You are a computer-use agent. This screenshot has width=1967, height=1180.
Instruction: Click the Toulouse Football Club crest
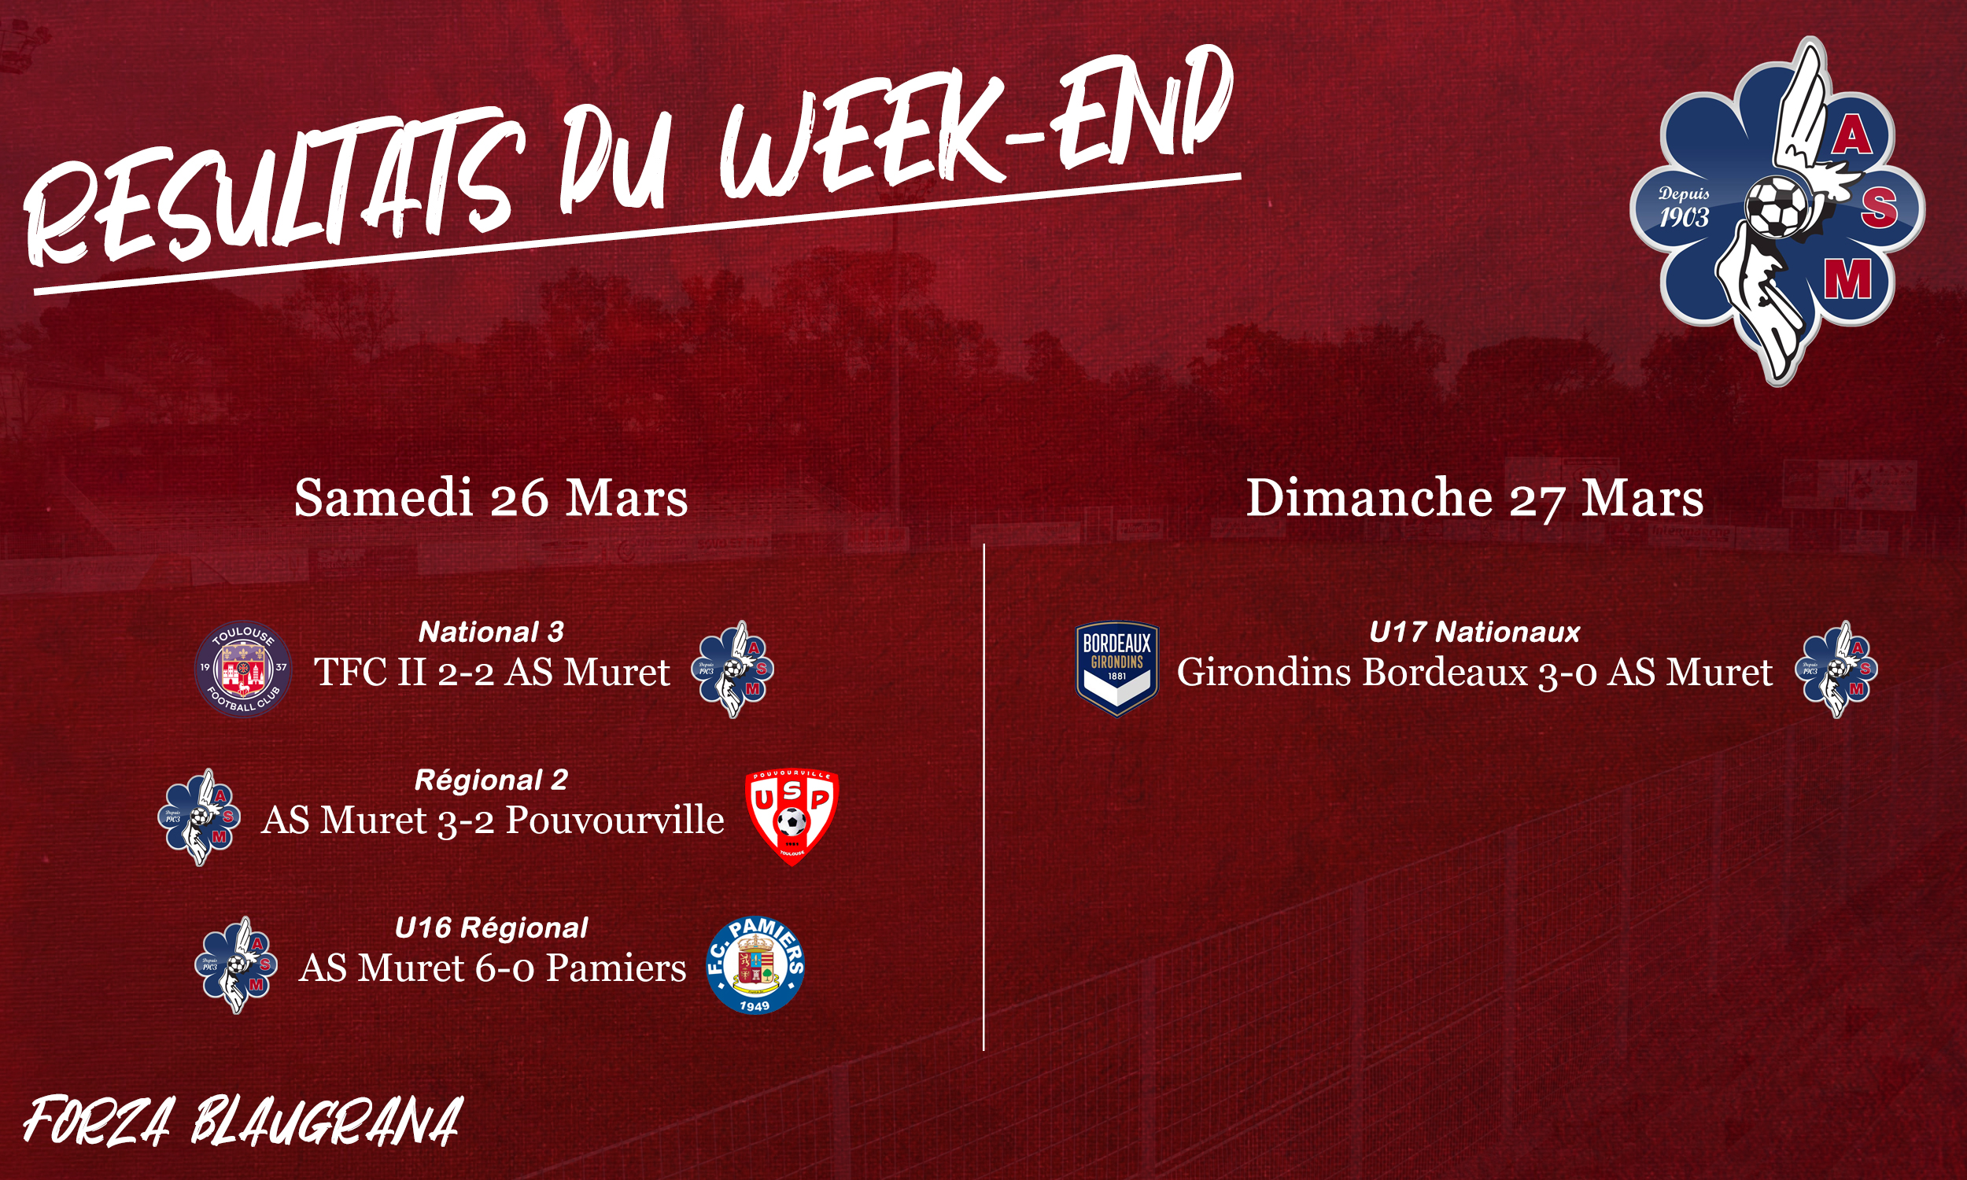coord(243,669)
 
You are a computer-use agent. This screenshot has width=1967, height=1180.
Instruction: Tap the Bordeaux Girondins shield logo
coord(1117,669)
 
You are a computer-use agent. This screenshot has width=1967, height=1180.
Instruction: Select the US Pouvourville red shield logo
coord(792,817)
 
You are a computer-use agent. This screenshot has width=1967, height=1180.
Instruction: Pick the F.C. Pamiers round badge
coord(755,965)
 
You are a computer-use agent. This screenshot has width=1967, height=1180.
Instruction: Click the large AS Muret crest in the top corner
coord(1777,211)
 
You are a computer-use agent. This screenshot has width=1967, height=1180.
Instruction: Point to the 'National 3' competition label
coord(490,632)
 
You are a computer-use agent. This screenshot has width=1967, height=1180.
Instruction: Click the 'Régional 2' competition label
coord(490,780)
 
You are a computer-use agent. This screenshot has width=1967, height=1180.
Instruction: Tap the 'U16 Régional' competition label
coord(490,928)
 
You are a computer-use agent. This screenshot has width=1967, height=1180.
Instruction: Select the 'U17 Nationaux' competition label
coord(1474,632)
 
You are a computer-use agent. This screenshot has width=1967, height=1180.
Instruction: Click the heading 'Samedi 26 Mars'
coord(490,499)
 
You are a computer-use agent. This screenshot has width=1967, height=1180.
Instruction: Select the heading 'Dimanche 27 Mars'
coord(1474,499)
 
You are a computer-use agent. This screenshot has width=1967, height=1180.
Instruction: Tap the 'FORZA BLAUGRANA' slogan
coord(242,1121)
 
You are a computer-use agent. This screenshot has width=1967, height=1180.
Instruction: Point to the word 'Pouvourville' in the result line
coord(614,820)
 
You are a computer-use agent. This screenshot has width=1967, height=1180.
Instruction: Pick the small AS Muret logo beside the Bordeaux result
coord(1836,669)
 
